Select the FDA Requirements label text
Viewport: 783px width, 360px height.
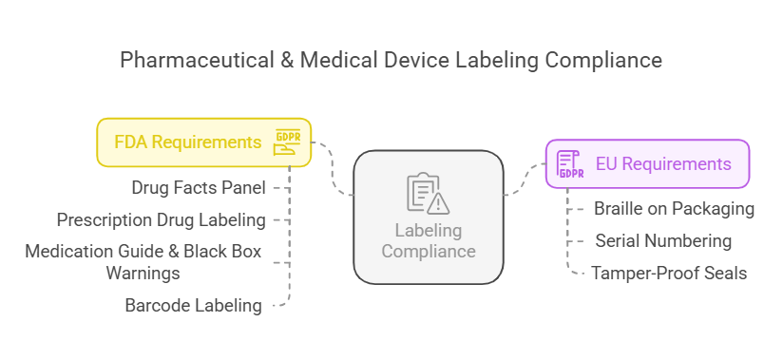point(187,142)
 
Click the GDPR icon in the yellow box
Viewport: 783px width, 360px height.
point(288,142)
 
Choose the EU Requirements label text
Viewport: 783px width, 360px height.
point(663,164)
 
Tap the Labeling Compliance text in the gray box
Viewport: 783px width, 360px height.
point(428,241)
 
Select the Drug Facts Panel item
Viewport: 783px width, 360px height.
point(199,187)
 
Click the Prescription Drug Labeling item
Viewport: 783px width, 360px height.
point(162,220)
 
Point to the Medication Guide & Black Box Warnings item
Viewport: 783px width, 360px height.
point(143,262)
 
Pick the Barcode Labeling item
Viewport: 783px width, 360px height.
point(193,305)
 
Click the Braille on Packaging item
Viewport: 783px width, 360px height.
point(674,208)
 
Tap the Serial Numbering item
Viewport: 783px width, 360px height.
point(663,240)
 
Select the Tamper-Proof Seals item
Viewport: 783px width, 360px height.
point(669,274)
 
